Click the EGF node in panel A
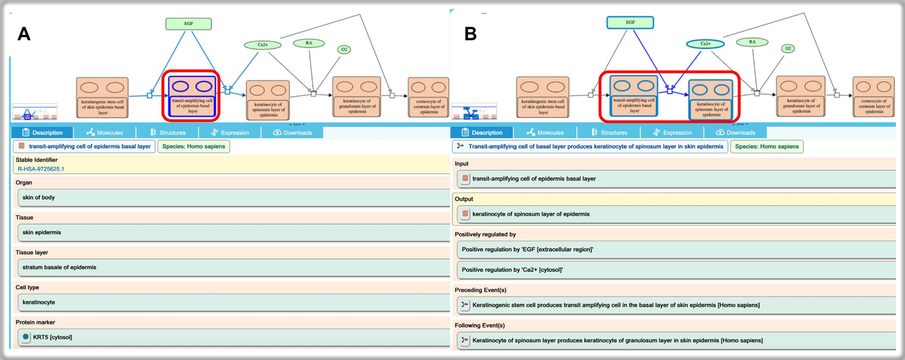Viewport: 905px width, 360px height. tap(189, 24)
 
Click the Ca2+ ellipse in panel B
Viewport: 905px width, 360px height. tap(705, 44)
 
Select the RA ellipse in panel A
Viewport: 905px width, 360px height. tap(309, 43)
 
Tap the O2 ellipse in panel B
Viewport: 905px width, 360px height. tap(788, 48)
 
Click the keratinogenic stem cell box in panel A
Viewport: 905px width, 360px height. tap(102, 97)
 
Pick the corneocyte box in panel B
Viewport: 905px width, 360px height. tap(872, 97)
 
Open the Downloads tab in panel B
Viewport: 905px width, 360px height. tap(735, 133)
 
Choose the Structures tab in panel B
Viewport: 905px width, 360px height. tap(608, 133)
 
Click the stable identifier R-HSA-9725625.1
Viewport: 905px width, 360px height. tap(40, 169)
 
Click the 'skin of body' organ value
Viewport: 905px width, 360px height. tap(39, 197)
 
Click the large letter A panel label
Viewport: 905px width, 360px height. tap(24, 34)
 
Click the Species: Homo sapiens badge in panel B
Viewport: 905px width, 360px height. tap(767, 146)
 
